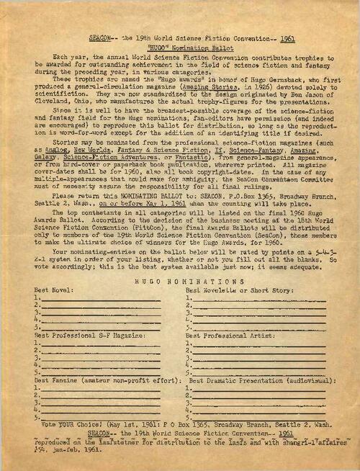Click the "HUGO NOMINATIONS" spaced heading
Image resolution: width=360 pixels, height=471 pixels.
tap(179, 282)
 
